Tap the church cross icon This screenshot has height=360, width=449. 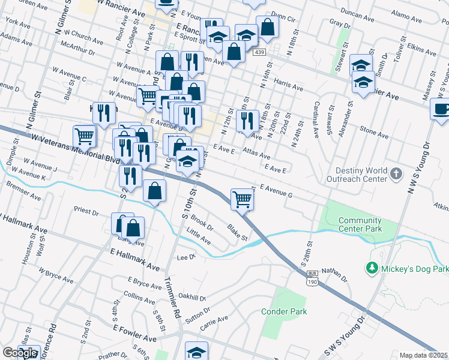coord(396,174)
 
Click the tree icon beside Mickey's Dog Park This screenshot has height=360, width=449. coord(372,267)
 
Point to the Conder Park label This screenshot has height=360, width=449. coord(284,311)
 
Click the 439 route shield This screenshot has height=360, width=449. coord(259,53)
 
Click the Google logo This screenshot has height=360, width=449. coord(20,353)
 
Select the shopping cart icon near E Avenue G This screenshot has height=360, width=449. coord(242,199)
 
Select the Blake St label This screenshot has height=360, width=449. coord(237,232)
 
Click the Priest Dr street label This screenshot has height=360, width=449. coord(86,211)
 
